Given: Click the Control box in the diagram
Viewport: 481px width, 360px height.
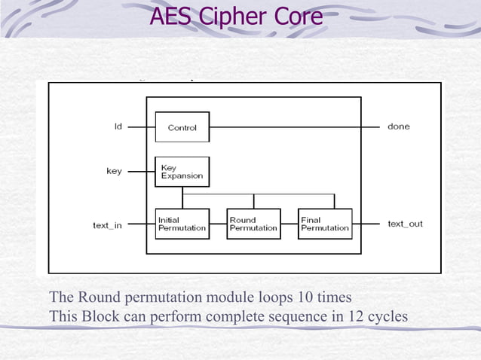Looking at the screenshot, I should coord(182,127).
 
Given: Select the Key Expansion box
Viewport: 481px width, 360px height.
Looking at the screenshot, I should coord(182,172).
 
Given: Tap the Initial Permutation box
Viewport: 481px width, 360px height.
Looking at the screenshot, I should coord(182,224).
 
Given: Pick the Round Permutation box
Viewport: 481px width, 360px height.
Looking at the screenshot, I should coord(253,224).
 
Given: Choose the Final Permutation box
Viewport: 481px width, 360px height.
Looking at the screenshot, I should coord(325,224).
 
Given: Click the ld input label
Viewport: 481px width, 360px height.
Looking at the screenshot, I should coord(118,127).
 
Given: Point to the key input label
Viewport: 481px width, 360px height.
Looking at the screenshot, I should coord(114,171).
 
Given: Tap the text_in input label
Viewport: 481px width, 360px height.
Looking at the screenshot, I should coord(107,224).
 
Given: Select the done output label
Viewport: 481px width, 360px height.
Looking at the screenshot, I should coord(398,127).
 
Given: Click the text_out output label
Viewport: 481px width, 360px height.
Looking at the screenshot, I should coord(405,224).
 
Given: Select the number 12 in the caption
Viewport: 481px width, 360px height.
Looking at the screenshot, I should coord(355,316).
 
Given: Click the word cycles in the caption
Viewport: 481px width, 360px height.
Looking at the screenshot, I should coord(388,316).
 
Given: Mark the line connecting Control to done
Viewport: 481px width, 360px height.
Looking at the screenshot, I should coord(294,127).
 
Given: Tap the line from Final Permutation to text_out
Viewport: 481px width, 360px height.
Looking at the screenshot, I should coord(366,224).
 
